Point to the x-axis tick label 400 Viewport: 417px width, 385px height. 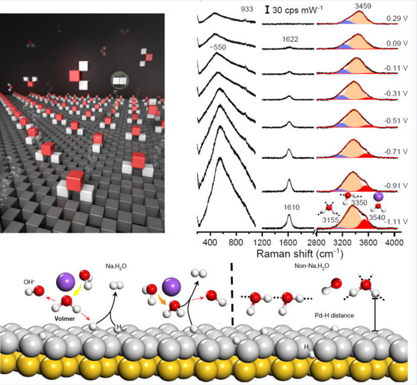coord(211,242)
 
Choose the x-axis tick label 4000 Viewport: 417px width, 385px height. coord(394,242)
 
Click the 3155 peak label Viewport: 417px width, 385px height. coord(331,220)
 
